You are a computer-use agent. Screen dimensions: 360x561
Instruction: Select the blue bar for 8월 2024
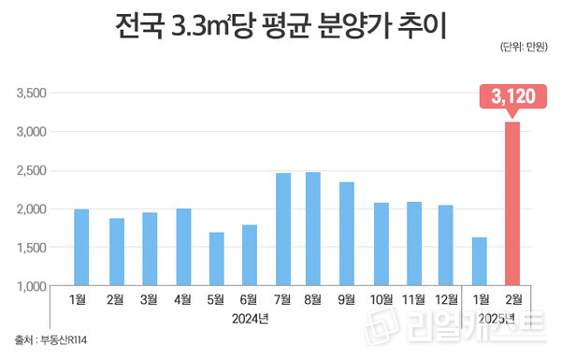312,228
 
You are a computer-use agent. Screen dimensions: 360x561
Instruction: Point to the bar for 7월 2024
282,229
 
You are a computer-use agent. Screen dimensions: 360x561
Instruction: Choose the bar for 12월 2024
445,245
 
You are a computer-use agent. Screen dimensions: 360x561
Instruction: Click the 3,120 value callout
511,95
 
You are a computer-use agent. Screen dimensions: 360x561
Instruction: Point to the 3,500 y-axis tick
31,94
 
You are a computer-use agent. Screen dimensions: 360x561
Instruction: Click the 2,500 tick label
31,170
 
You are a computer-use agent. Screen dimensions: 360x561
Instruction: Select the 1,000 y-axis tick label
31,285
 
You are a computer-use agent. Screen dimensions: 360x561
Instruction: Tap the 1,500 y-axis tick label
31,247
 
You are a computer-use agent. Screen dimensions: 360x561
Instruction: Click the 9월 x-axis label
346,300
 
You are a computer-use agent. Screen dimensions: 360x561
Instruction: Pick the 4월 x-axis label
182,300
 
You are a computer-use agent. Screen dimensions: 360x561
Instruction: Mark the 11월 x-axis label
412,300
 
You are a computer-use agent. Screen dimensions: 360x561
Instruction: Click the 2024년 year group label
250,319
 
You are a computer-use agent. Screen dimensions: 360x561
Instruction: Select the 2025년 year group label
495,319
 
